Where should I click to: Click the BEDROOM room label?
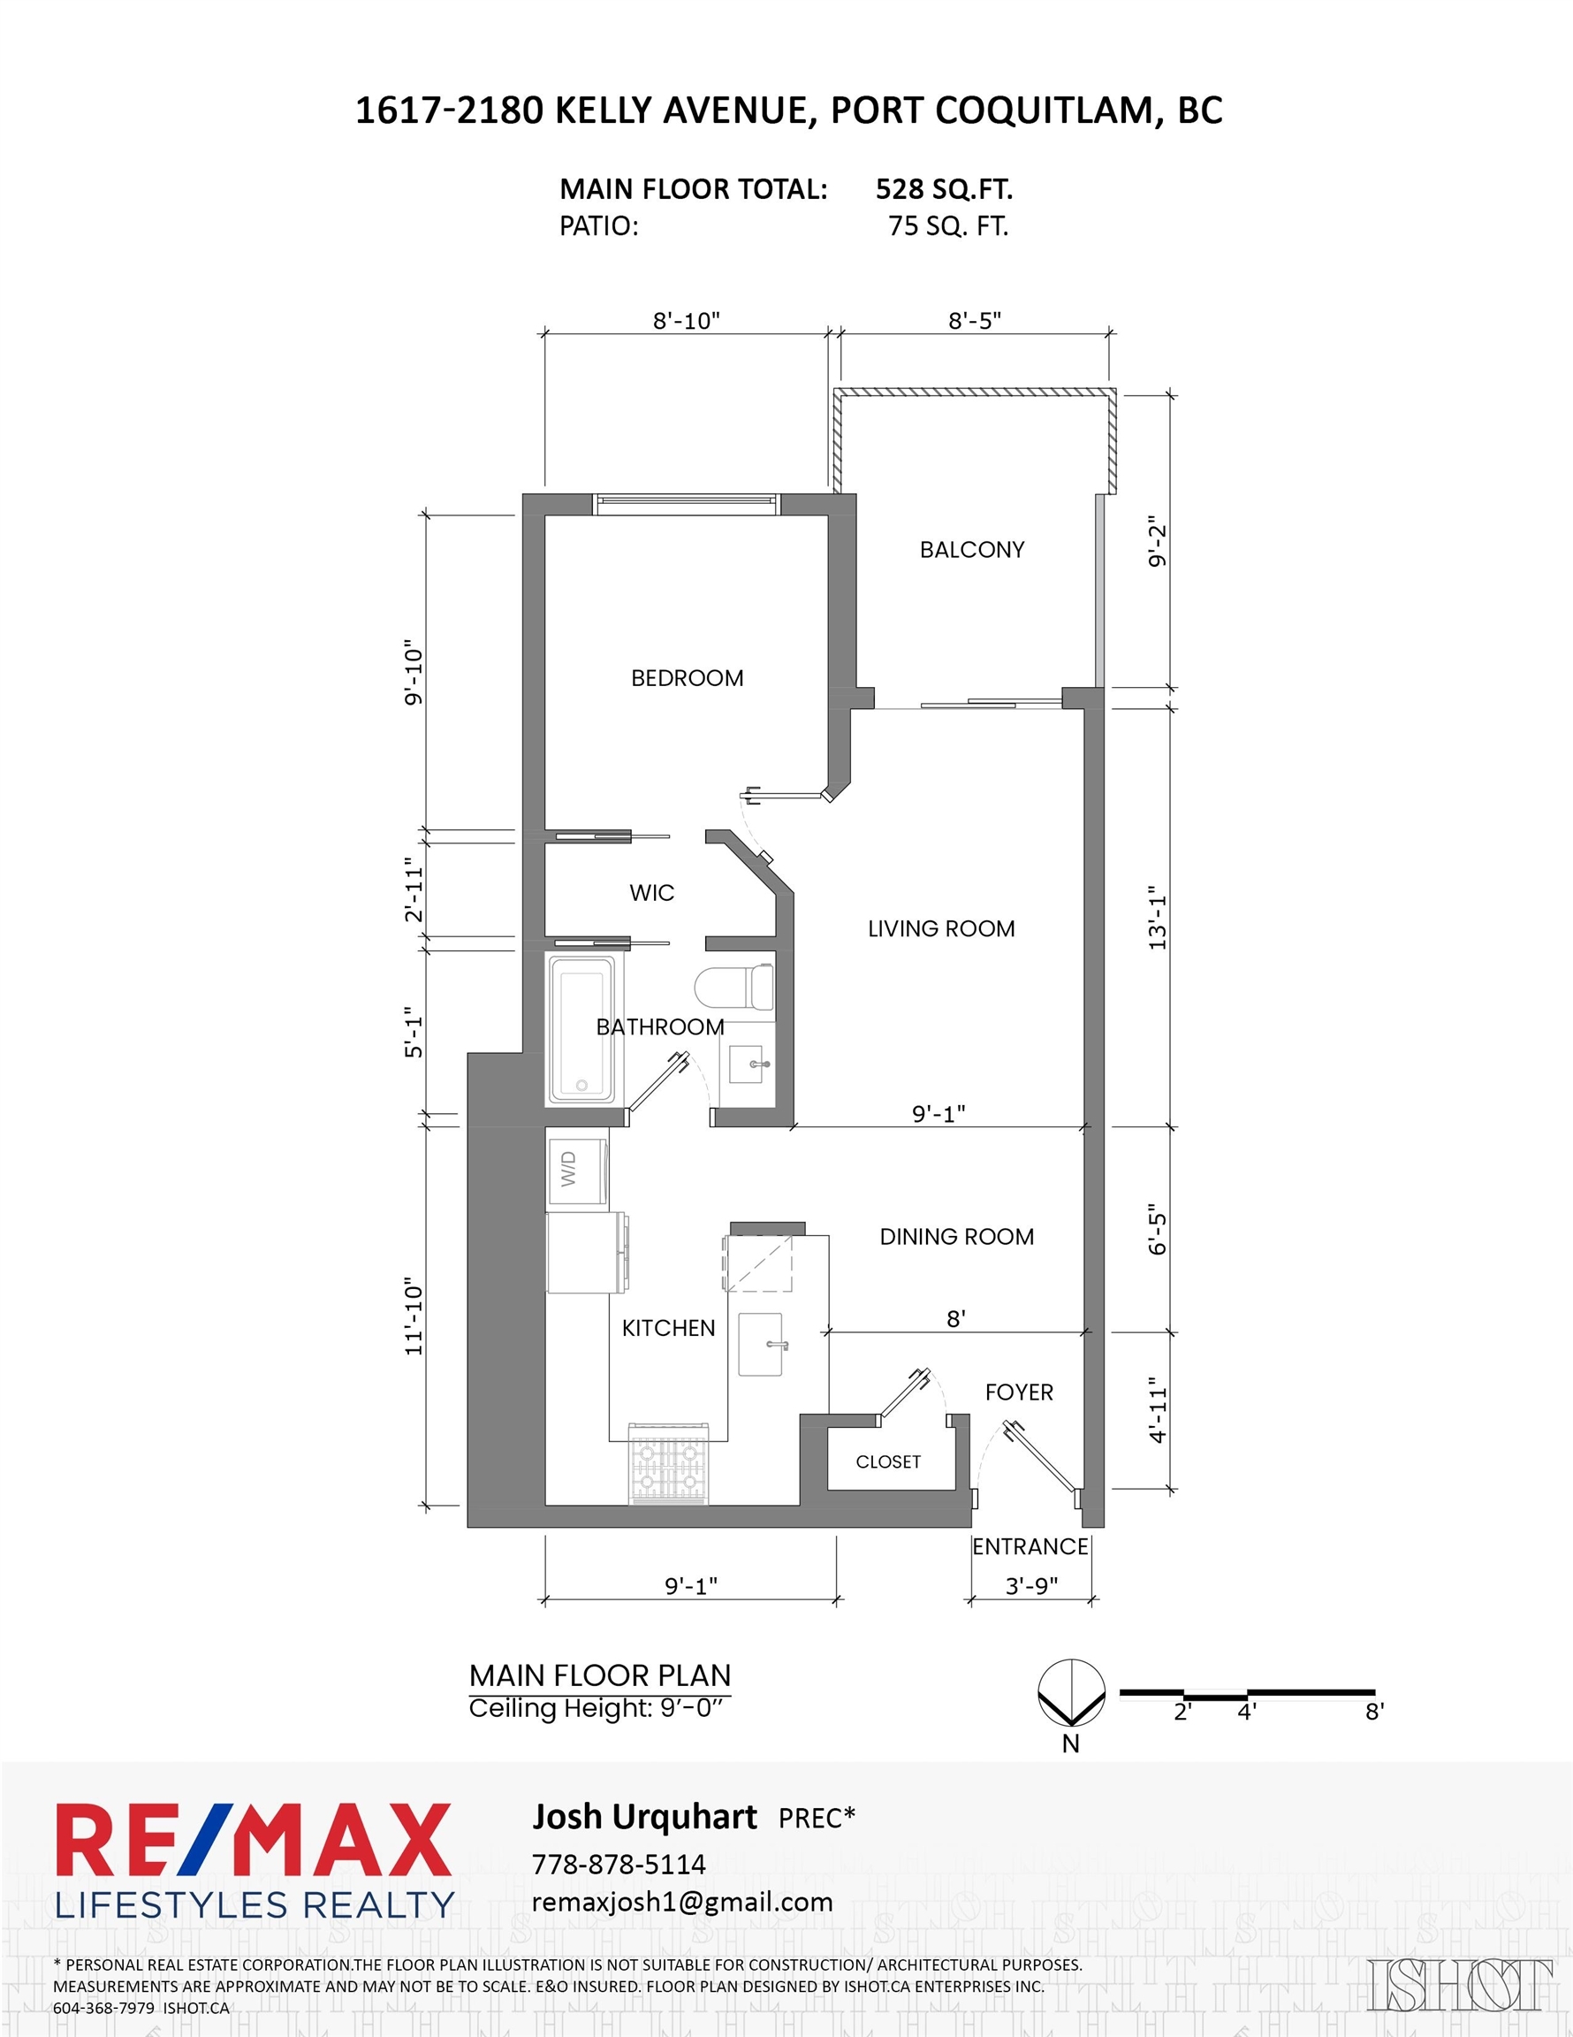pos(688,678)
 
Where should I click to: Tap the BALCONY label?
pos(971,549)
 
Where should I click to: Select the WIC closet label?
pos(652,893)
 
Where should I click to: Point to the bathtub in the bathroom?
pos(581,1029)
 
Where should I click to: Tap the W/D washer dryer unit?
pos(577,1169)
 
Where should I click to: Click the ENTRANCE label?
pos(1030,1546)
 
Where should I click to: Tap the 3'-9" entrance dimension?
pos(1031,1585)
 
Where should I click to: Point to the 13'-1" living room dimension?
pos(1157,919)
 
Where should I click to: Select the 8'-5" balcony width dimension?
pos(975,321)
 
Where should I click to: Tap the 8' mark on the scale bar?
pos(1373,1712)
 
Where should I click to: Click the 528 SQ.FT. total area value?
pos(944,189)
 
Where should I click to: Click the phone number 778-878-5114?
pos(619,1865)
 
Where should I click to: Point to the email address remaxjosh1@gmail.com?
pos(681,1903)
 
